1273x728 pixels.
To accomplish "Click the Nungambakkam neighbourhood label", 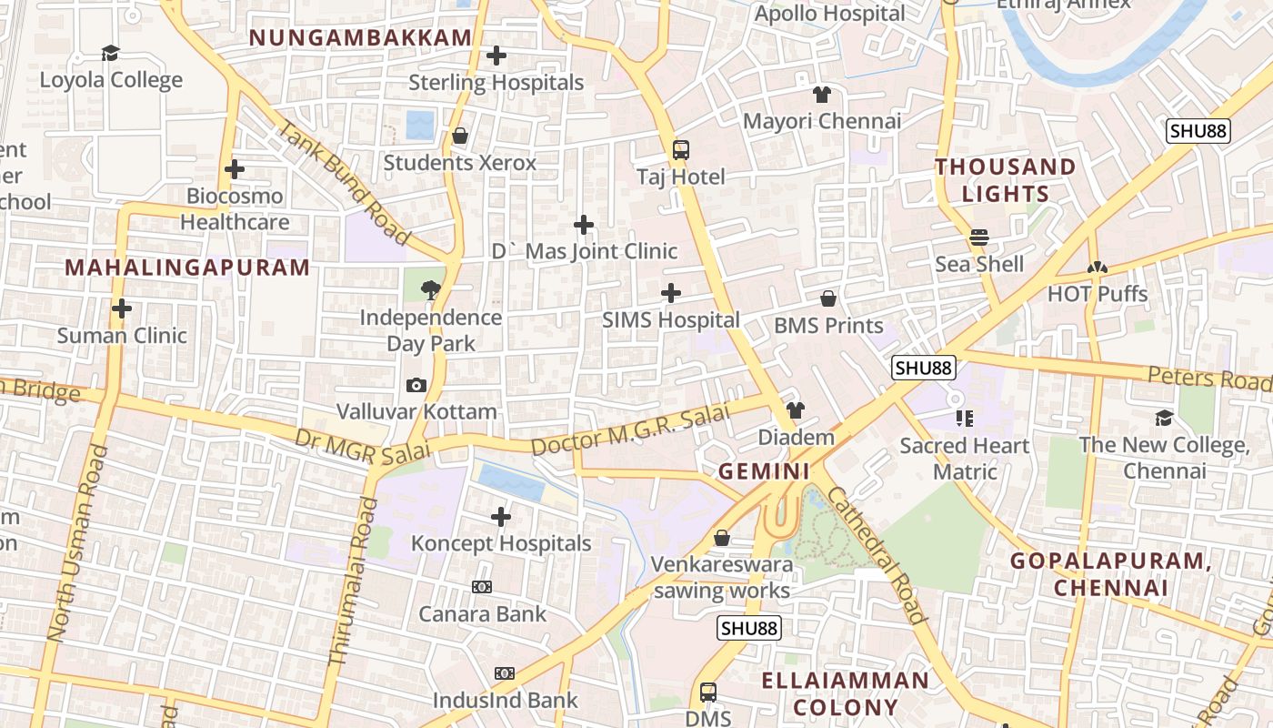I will (x=361, y=37).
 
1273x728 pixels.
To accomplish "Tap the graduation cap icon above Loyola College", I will (x=111, y=54).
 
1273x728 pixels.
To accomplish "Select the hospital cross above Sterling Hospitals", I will (x=496, y=56).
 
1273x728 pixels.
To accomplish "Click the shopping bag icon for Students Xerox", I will (x=460, y=136).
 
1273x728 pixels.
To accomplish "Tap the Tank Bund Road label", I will (x=343, y=182).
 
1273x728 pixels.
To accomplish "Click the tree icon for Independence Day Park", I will (x=430, y=290).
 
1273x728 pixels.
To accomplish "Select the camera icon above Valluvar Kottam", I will (x=416, y=386).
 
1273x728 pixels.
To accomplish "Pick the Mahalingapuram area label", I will (x=188, y=268).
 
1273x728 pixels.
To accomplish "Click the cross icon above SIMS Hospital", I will (x=671, y=293).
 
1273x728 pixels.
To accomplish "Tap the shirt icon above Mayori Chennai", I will (x=822, y=95).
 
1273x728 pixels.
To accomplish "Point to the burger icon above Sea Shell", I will (x=979, y=238).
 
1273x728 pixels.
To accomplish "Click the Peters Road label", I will (x=1208, y=378).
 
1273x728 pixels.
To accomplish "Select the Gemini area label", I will (x=764, y=471).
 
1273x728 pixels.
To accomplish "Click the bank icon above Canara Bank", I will (x=482, y=587).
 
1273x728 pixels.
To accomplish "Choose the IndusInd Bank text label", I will (x=506, y=700).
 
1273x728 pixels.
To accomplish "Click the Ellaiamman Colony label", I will (x=846, y=693).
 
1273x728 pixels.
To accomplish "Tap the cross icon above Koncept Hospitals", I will (x=501, y=517).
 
